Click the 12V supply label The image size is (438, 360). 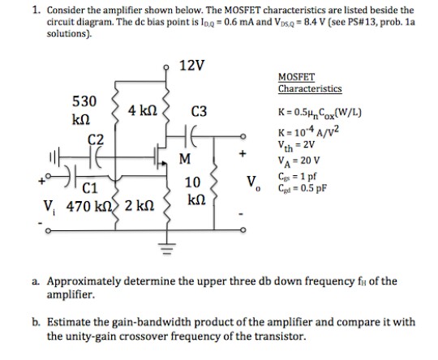(x=191, y=66)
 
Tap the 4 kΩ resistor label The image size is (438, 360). (x=143, y=111)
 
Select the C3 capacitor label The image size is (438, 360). (x=199, y=111)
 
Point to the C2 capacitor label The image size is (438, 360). (x=96, y=139)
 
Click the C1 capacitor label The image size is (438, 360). (x=90, y=188)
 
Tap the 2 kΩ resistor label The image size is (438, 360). (x=140, y=206)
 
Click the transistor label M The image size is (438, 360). (x=185, y=159)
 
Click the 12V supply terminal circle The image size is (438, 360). (x=167, y=67)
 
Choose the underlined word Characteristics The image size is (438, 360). (x=310, y=89)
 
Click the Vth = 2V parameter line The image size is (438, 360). (x=296, y=145)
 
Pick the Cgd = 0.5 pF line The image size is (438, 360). (x=302, y=188)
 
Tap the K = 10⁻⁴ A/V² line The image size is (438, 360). (x=308, y=131)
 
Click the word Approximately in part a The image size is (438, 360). (x=84, y=281)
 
